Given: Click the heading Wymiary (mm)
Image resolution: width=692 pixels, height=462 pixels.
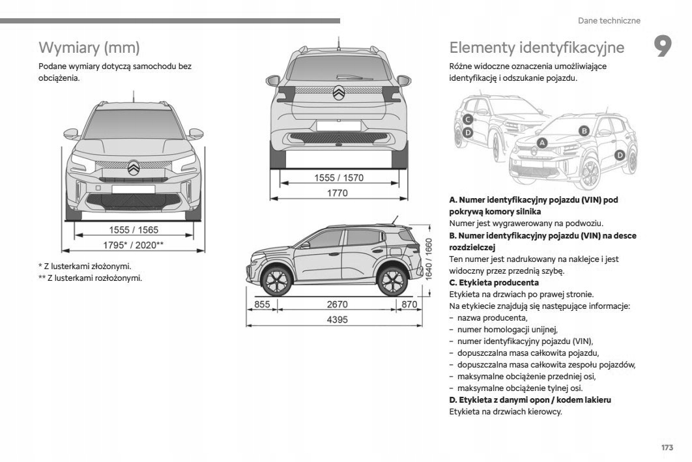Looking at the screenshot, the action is (x=89, y=48).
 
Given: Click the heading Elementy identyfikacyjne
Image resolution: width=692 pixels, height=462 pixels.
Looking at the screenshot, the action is (x=536, y=48).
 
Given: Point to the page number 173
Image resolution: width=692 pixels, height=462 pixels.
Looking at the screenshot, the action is (x=666, y=448).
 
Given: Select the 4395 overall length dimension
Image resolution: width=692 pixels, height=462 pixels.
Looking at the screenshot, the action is (x=336, y=319).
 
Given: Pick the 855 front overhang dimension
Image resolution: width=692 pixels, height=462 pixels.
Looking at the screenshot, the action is (x=262, y=304).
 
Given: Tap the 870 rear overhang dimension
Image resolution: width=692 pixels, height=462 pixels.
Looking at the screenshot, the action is (x=409, y=304).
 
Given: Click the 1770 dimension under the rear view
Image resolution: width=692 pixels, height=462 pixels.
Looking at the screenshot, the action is (x=338, y=193).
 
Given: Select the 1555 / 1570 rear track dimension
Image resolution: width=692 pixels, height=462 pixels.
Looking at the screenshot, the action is (x=338, y=177).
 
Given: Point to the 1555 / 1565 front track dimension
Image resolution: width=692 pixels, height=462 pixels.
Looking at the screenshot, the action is (x=133, y=229).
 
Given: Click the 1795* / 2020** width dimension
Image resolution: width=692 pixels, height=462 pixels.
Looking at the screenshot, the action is (x=133, y=245).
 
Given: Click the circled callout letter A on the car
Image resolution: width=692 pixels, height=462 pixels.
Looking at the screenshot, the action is (x=542, y=143).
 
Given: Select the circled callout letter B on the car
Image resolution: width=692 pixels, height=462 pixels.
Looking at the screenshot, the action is (x=584, y=130).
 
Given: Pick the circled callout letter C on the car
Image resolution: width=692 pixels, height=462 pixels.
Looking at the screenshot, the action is (x=468, y=119).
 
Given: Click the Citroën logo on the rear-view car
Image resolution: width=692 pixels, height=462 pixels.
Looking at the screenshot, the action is (x=339, y=93).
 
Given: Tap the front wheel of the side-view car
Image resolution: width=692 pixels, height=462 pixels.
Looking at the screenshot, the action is (x=275, y=281).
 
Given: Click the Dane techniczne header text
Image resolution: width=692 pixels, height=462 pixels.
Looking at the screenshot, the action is (x=609, y=21).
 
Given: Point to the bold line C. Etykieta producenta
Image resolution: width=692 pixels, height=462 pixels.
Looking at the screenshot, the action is (x=494, y=283).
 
